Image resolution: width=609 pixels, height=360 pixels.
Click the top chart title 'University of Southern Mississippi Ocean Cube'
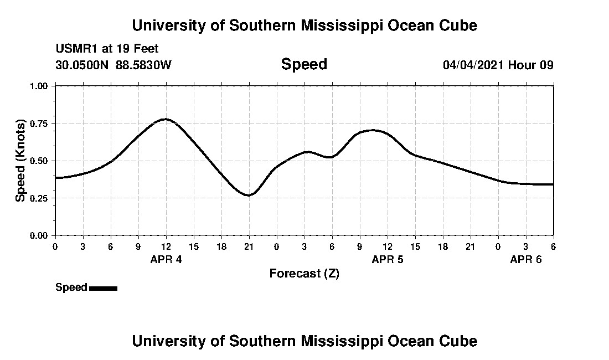point(304,25)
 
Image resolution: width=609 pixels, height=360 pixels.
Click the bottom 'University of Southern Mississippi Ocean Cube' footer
point(304,341)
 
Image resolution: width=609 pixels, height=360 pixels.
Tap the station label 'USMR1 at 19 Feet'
point(107,49)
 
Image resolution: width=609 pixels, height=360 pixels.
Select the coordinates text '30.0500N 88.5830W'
point(113,65)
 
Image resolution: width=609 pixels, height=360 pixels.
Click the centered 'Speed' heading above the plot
point(304,64)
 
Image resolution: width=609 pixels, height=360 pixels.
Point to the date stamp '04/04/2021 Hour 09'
point(498,65)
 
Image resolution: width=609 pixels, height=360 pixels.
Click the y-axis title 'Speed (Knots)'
point(20,160)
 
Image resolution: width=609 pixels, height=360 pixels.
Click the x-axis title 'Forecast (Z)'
point(304,274)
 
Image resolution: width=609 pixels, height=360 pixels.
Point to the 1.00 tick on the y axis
point(39,86)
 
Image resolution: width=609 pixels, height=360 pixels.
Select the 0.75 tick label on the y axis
point(39,124)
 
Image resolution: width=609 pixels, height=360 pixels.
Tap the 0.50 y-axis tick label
point(39,161)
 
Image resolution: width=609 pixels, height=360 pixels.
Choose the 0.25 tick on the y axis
point(39,198)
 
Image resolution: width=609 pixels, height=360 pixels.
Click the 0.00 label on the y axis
point(39,235)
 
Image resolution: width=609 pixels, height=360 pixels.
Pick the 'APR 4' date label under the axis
point(166,259)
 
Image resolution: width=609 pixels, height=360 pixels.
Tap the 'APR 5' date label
point(388,259)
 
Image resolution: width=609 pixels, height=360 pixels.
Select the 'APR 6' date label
point(526,259)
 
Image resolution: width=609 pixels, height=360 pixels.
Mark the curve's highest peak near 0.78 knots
point(165,119)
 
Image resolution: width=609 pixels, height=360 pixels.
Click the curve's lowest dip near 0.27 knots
point(249,195)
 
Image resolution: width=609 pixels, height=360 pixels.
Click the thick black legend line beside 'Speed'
point(103,288)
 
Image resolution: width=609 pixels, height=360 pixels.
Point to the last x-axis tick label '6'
point(553,246)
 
